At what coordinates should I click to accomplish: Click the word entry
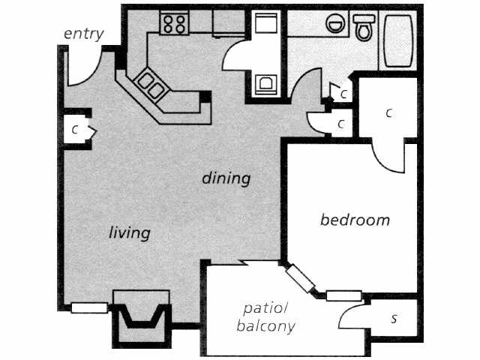[83, 33]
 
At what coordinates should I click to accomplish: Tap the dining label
[225, 178]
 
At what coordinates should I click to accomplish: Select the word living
[129, 232]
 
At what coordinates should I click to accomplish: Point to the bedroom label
[355, 220]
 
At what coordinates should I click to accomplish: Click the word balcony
[265, 326]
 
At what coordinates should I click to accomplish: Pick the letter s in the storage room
[394, 319]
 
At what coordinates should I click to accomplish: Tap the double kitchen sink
[151, 84]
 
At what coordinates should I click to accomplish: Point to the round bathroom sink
[334, 25]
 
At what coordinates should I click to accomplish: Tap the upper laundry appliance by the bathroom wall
[265, 25]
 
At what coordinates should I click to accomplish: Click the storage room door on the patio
[352, 313]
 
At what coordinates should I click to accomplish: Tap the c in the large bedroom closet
[388, 113]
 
